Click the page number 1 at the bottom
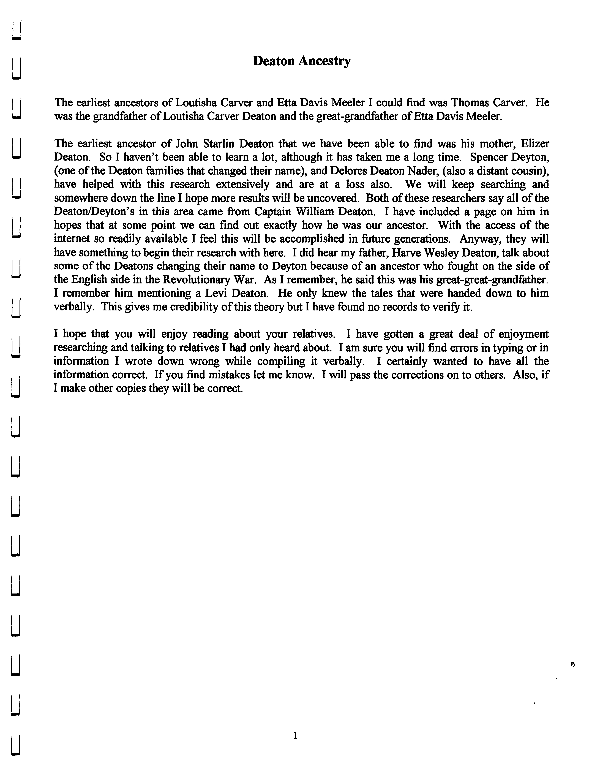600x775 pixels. pos(295,736)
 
